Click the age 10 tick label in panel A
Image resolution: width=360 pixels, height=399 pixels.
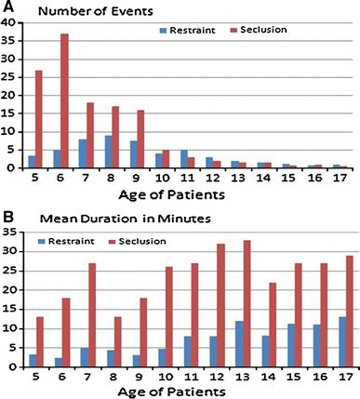point(162,177)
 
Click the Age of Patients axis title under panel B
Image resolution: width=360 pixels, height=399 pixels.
point(182,392)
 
